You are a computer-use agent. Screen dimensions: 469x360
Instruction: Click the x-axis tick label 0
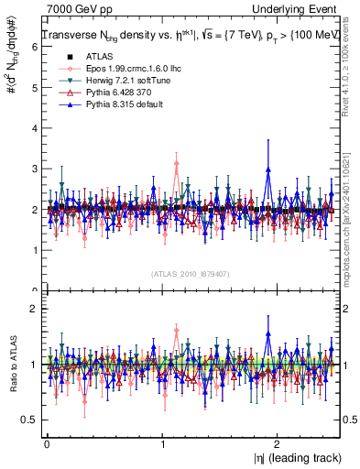[x=47, y=442]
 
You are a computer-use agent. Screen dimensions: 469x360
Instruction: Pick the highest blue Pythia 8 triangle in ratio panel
[x=267, y=334]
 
